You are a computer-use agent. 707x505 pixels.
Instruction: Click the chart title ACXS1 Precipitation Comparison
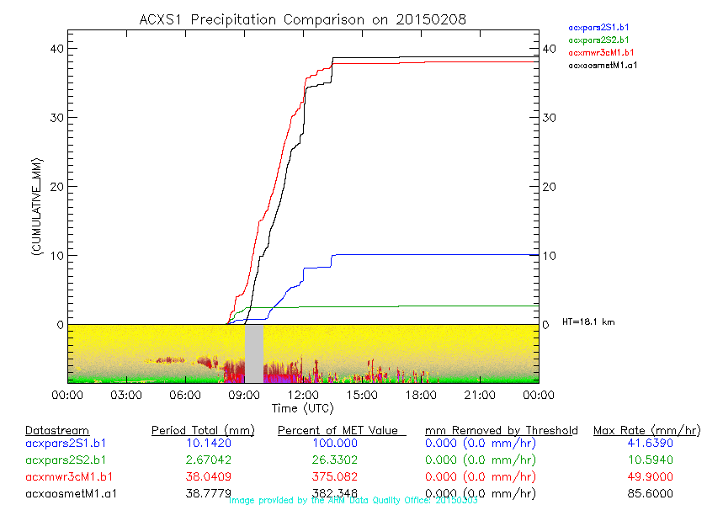303,19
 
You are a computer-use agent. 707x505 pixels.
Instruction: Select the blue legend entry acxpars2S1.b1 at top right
598,27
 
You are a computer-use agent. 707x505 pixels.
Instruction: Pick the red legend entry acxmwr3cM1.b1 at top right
600,52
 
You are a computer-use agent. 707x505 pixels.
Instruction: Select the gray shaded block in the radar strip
253,353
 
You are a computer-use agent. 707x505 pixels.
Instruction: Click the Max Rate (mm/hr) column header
646,430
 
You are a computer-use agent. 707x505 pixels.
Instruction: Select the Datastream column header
57,430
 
